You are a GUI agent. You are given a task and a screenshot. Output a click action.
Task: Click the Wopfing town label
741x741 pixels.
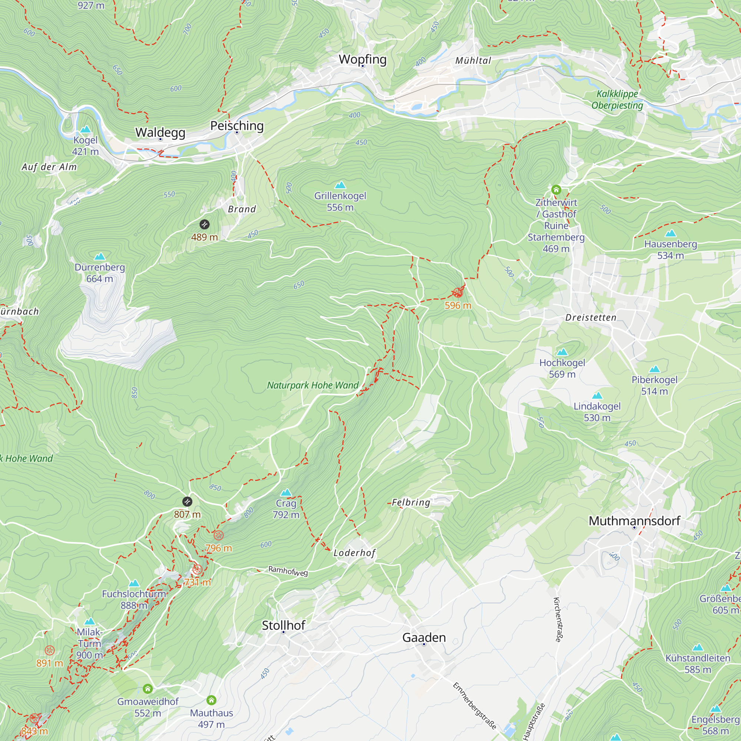pos(362,59)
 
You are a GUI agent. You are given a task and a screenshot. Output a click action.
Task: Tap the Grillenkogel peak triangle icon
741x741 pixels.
pos(340,186)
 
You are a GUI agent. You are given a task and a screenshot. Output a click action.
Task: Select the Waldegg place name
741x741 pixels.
pos(160,132)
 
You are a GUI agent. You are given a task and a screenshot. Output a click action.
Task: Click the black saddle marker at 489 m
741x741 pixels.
pos(205,225)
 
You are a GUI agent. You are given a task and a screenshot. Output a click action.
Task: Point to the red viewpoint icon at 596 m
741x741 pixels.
pos(458,293)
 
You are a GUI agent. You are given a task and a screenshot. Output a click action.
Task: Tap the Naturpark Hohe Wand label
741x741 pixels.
pos(313,385)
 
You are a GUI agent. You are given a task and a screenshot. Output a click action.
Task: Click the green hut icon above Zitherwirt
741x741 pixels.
pos(556,189)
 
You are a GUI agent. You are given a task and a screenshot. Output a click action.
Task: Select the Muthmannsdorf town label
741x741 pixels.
pos(634,521)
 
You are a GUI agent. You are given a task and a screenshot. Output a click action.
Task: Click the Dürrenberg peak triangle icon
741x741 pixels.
pos(100,256)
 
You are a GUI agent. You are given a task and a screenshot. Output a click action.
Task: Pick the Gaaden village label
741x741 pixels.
pos(424,637)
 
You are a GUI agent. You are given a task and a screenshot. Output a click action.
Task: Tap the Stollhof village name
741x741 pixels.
pos(283,625)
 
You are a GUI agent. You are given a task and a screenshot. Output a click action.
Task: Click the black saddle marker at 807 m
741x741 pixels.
pos(187,502)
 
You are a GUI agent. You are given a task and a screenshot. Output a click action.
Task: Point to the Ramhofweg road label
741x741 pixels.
pos(288,571)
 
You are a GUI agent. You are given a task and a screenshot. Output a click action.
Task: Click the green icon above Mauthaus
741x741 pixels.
pos(211,700)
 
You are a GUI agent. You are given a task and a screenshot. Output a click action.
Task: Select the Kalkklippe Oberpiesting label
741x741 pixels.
pos(617,99)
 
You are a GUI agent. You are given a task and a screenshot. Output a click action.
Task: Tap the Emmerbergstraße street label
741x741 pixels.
pos(475,705)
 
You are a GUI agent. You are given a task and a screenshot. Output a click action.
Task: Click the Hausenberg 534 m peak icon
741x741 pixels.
pos(671,233)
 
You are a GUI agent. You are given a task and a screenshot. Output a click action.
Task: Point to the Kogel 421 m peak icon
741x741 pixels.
pos(86,129)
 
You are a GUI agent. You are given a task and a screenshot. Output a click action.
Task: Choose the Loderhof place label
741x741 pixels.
pos(354,553)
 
